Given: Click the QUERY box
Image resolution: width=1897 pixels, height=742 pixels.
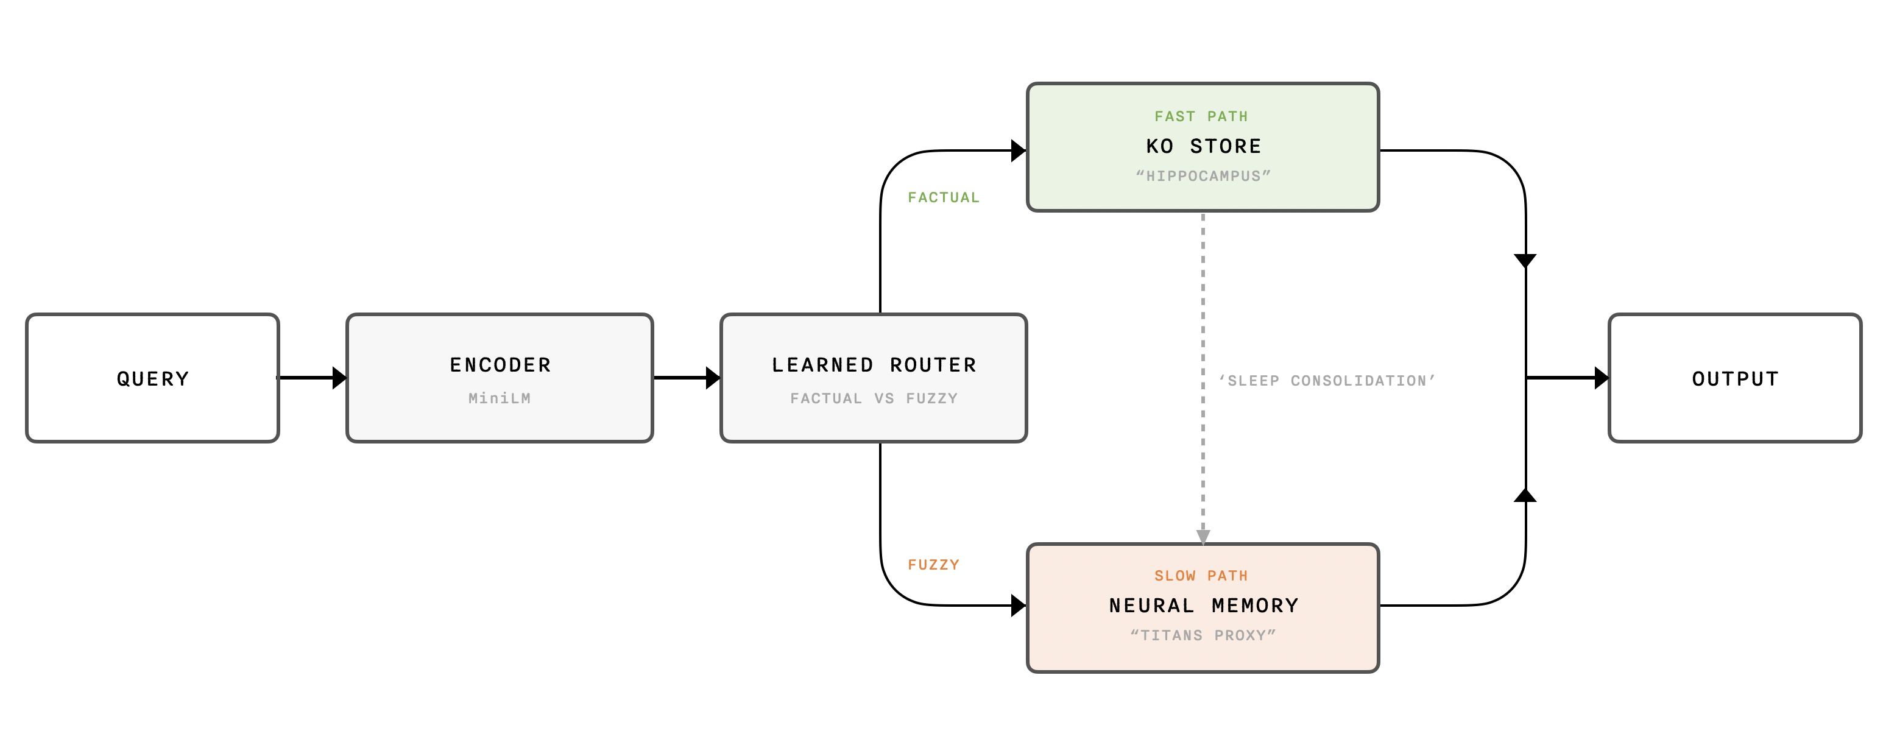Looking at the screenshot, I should (x=152, y=378).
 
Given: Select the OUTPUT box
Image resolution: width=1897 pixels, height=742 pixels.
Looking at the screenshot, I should (x=1735, y=378).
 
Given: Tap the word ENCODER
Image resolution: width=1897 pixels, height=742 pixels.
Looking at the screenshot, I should (x=500, y=365).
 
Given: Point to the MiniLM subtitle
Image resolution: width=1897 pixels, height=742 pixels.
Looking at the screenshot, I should (x=500, y=398).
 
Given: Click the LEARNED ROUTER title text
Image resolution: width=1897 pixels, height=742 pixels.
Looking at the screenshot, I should (x=874, y=365).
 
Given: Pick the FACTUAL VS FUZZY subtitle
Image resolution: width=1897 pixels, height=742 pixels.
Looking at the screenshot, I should (x=874, y=398).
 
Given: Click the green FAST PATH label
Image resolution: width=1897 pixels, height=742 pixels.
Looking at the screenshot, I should (x=1201, y=116).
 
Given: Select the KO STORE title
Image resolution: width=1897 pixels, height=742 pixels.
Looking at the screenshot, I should (x=1203, y=146).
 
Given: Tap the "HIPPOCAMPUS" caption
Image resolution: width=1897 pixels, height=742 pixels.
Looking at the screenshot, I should (x=1203, y=177).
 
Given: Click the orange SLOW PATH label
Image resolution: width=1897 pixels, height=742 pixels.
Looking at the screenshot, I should (x=1201, y=576).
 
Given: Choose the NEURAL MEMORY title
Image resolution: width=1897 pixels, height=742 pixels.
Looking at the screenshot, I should (x=1203, y=606).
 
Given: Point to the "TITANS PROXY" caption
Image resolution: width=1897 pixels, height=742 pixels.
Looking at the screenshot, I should (x=1203, y=635).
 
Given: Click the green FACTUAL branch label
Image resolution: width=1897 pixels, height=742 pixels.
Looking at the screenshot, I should (x=944, y=197).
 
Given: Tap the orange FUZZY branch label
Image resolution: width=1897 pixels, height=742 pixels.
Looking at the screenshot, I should (x=933, y=565).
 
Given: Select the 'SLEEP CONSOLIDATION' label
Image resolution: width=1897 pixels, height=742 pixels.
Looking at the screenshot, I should (x=1327, y=381).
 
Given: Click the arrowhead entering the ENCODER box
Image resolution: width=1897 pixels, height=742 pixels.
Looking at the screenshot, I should (x=339, y=378).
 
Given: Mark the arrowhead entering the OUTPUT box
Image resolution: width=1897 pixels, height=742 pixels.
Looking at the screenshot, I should (x=1602, y=378).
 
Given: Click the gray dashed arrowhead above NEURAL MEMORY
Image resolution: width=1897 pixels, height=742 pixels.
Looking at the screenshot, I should (x=1203, y=537).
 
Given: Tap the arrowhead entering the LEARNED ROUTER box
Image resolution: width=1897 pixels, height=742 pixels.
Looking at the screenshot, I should (x=713, y=378).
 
